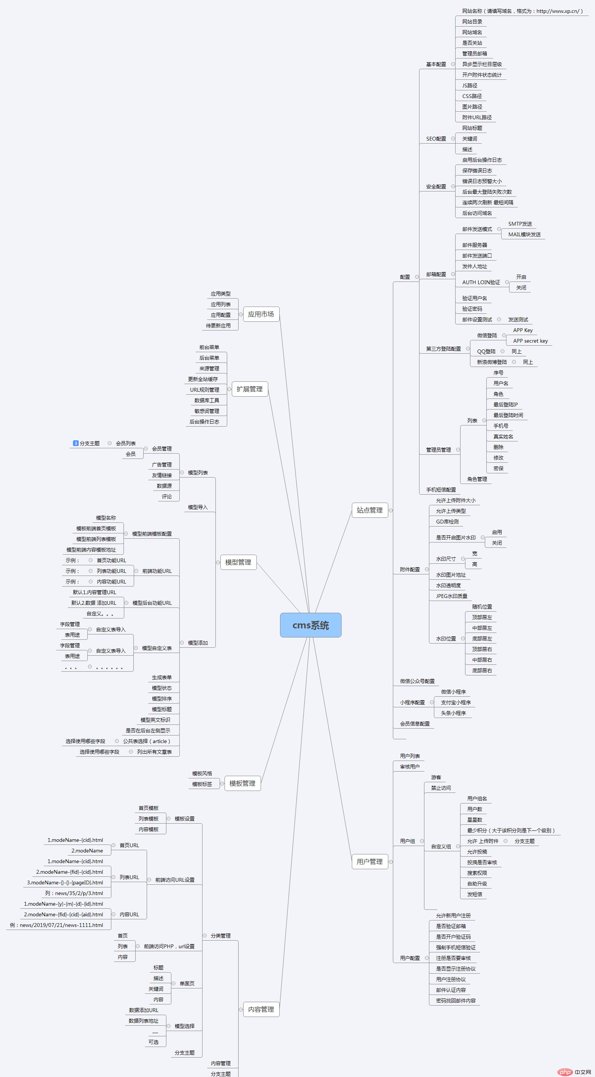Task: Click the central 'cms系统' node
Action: pos(310,625)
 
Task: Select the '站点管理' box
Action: pos(370,510)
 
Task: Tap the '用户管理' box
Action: pos(370,862)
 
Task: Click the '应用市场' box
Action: pos(261,314)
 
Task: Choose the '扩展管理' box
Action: pos(250,389)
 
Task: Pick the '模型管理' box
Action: pos(238,562)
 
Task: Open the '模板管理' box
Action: pos(242,783)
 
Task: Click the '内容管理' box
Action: pos(261,1009)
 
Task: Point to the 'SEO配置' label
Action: pos(436,139)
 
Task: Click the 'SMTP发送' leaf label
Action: pos(520,224)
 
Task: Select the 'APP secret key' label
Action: pos(530,341)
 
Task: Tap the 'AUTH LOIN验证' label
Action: pos(481,282)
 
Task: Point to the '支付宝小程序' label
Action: pos(456,702)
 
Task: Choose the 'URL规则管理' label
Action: pos(204,390)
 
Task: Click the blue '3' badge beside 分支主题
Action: pos(76,443)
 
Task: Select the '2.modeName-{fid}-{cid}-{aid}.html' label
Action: pos(63,914)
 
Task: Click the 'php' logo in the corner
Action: pos(565,1069)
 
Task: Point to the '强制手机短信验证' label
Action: pos(456,947)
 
